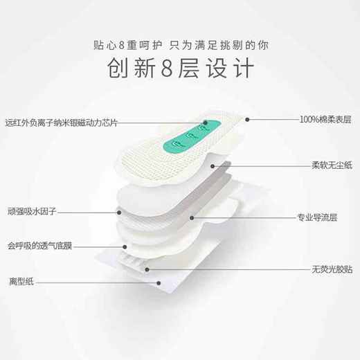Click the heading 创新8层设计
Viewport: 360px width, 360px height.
click(x=180, y=69)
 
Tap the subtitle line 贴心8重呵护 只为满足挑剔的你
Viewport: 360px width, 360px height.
click(x=180, y=44)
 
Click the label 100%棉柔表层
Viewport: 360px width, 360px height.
click(x=325, y=119)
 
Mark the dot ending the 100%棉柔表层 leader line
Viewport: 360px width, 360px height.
click(x=246, y=119)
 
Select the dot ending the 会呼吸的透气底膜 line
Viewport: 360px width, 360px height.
click(x=125, y=245)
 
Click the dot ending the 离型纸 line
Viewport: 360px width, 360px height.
click(x=161, y=282)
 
